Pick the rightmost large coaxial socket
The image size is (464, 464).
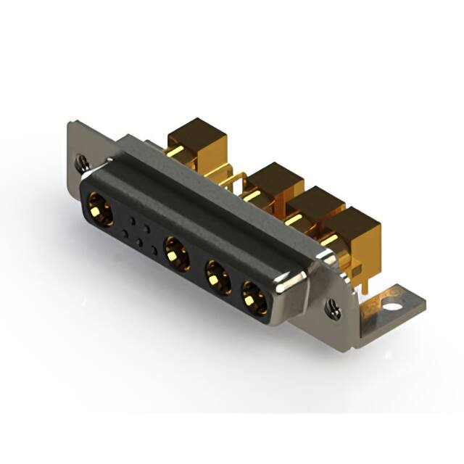pyautogui.click(x=253, y=297)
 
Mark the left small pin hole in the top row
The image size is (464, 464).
pyautogui.click(x=131, y=217)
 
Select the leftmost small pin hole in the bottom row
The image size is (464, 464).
pyautogui.click(x=125, y=233)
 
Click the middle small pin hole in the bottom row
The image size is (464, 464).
pyautogui.click(x=138, y=241)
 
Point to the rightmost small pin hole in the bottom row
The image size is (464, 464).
pyautogui.click(x=153, y=251)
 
